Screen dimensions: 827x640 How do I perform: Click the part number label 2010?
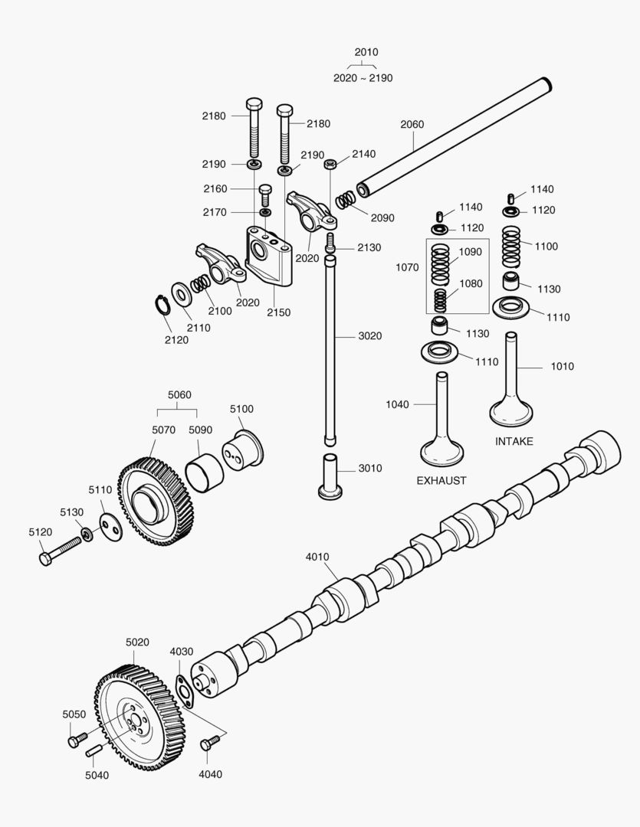click(366, 52)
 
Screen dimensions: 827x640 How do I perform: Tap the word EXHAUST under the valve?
click(441, 481)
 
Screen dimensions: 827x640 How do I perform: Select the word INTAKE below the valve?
click(514, 442)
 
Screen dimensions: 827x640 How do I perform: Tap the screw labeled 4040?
click(210, 742)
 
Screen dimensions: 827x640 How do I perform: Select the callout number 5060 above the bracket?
click(179, 395)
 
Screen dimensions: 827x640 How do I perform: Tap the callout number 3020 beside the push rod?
click(369, 336)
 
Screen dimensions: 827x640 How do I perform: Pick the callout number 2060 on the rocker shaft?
click(412, 124)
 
